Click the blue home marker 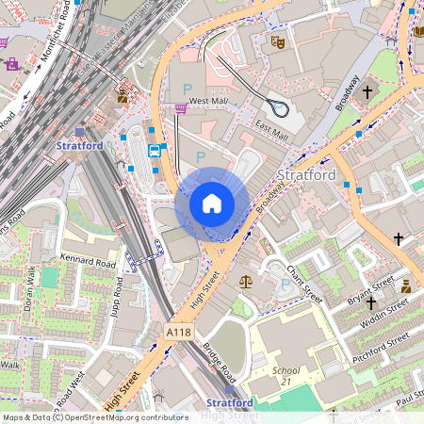tap(212, 203)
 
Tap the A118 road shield tap(178, 333)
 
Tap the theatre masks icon tap(277, 41)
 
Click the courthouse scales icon tap(246, 281)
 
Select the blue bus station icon tap(155, 151)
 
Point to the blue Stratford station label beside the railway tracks tap(79, 146)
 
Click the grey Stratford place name tap(307, 176)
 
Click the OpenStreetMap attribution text tap(94, 417)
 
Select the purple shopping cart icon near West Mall tap(181, 109)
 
